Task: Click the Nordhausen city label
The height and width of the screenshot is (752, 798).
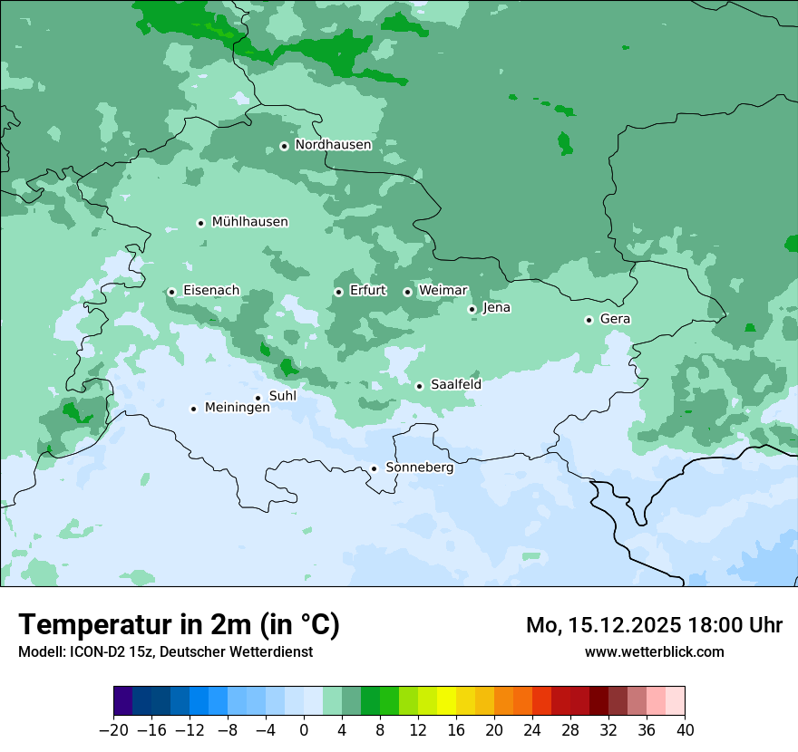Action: (333, 145)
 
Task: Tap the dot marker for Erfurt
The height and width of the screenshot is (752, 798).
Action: (338, 292)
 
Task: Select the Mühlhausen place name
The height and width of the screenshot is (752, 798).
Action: (249, 222)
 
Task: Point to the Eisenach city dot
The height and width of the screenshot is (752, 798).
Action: (171, 292)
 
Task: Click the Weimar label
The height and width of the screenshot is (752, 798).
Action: (443, 291)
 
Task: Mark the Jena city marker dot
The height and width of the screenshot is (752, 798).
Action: (472, 309)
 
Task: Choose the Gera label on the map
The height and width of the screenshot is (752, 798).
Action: (615, 319)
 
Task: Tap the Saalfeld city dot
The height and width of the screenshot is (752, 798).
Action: (419, 386)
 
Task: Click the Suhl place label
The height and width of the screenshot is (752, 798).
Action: (283, 396)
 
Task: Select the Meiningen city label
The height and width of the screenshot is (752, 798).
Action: (238, 409)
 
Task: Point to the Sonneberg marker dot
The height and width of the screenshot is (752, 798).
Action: (374, 468)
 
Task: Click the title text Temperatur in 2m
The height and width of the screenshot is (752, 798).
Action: (179, 624)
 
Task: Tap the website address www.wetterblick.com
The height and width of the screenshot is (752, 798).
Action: (654, 651)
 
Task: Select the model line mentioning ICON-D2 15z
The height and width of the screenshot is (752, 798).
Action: (165, 651)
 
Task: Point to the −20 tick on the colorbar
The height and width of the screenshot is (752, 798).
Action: (113, 730)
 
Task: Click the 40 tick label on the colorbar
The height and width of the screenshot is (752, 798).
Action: (685, 730)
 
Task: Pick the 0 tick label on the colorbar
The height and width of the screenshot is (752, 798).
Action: (304, 730)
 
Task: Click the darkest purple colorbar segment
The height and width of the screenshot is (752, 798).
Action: (122, 701)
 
